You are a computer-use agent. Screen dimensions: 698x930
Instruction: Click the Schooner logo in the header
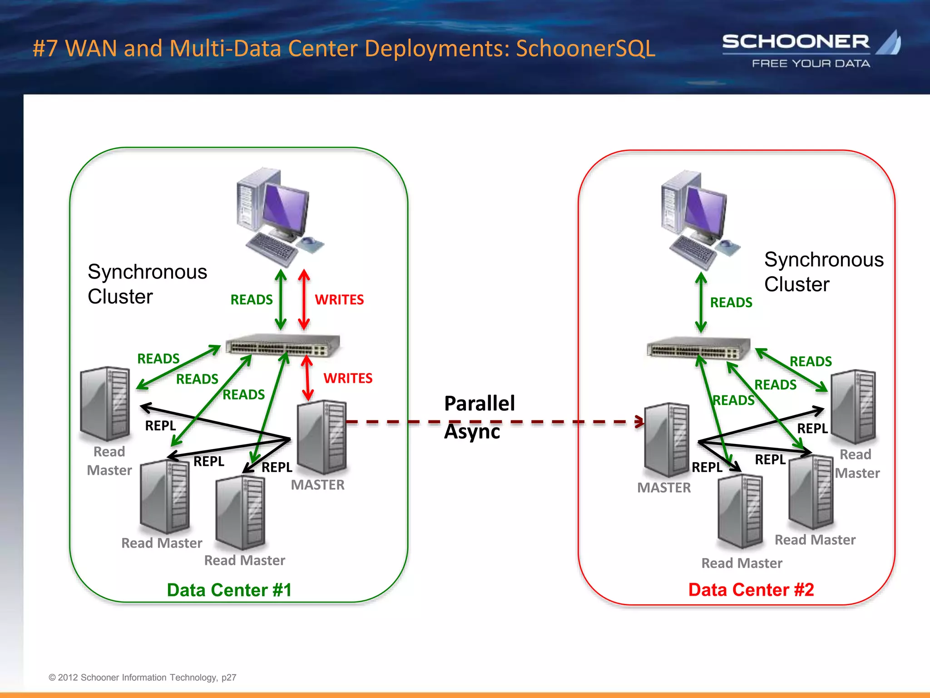coord(811,49)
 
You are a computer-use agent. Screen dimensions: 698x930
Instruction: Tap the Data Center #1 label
coord(229,590)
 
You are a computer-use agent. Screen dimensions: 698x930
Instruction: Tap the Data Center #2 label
coord(751,589)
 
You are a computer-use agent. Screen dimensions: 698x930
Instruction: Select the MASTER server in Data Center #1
coord(322,437)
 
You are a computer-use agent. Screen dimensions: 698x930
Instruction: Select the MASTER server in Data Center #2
coord(667,439)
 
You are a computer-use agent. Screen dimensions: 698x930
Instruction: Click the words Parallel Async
coord(479,417)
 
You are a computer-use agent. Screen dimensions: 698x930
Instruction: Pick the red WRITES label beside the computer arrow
coord(339,299)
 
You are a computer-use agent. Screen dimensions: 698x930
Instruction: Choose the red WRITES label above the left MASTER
coord(348,378)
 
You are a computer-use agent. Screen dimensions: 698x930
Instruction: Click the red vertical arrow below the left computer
coord(304,299)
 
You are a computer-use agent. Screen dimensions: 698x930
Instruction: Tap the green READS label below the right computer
coord(731,302)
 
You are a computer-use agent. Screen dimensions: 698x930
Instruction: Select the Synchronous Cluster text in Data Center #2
coord(823,272)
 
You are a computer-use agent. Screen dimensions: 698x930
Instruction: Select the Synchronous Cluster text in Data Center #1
coord(147,284)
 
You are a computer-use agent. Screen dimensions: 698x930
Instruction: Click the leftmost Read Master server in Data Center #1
coord(105,404)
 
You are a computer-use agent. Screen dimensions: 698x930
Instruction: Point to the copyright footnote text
coord(143,677)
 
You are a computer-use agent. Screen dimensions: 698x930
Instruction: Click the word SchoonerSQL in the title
coord(585,48)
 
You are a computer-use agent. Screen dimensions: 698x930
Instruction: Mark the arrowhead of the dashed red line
coord(640,422)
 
